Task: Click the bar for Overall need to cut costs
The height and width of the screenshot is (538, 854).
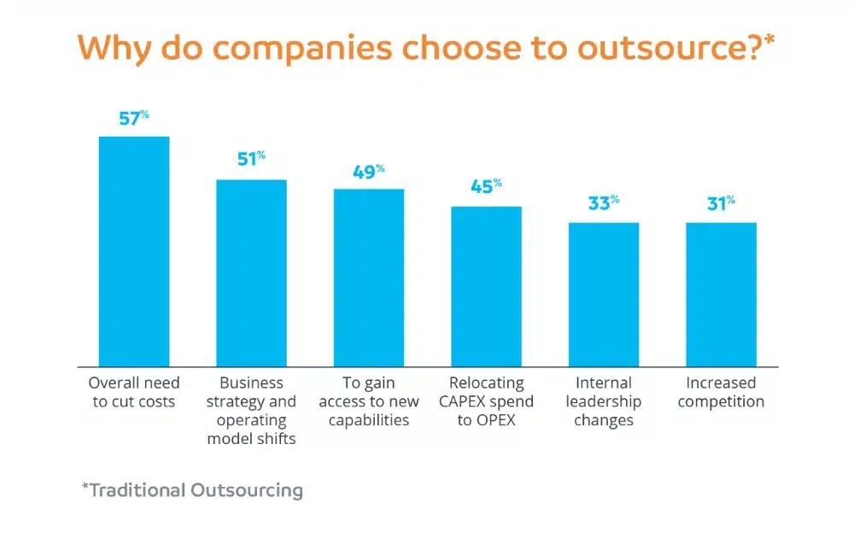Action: coord(134,251)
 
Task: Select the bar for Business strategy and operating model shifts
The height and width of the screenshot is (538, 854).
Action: coord(251,272)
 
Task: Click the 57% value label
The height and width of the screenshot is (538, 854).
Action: coord(133,119)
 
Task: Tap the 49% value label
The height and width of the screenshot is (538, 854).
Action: coord(368,171)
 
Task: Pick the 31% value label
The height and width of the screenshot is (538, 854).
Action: coord(720,204)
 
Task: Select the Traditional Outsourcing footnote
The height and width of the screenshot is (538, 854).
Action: coord(192,490)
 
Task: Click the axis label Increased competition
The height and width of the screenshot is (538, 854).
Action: coord(721,392)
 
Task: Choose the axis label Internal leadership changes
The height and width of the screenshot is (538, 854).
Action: coord(604,401)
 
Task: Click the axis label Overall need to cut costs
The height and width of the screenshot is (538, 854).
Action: coord(134,392)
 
